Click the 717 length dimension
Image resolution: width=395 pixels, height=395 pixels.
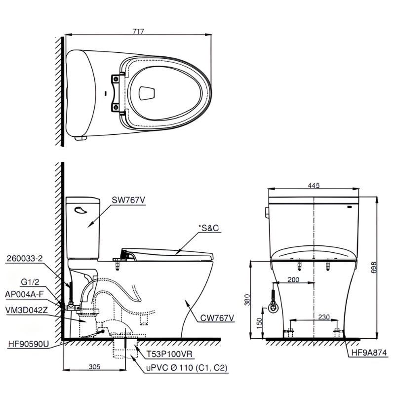(138, 31)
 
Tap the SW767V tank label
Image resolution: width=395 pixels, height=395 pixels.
(128, 200)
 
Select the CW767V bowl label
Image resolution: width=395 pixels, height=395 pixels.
(217, 318)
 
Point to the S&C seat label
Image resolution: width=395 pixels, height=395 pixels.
(209, 228)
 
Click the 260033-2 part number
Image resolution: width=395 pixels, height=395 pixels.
(25, 258)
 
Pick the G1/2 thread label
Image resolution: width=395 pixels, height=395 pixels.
(30, 282)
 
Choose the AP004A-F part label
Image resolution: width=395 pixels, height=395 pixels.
(24, 294)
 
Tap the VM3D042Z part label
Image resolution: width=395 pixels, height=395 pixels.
(27, 310)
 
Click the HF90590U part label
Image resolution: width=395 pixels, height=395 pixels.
(29, 344)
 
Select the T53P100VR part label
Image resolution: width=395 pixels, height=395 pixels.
(169, 354)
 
